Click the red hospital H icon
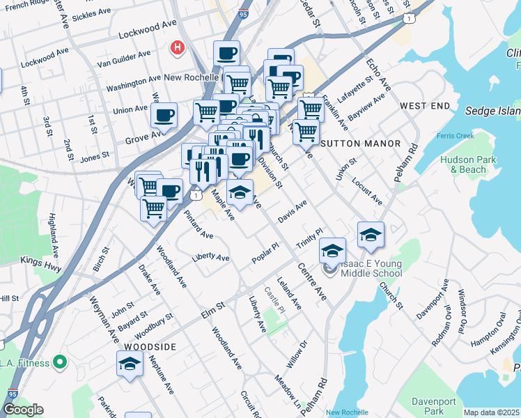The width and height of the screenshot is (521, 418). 178,48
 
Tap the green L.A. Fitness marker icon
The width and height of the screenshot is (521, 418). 59,362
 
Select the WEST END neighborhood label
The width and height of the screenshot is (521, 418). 425,106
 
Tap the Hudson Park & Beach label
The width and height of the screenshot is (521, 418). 463,164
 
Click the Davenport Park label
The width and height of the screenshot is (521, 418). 433,407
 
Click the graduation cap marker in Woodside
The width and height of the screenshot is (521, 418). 130,364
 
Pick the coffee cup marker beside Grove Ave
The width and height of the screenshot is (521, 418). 164,116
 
